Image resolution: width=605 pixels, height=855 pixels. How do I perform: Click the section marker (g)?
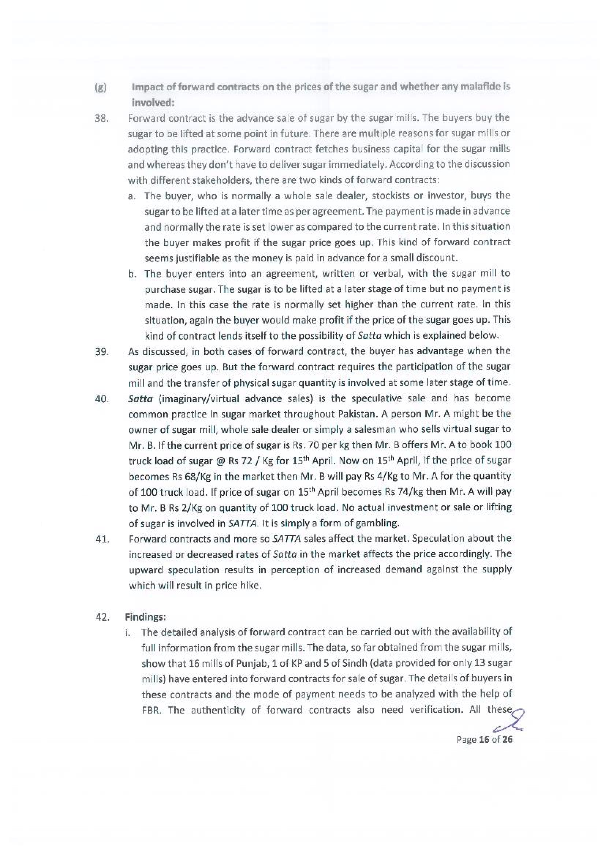100,88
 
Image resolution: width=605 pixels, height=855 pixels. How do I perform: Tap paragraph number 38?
101,119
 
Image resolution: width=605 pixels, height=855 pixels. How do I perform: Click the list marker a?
131,196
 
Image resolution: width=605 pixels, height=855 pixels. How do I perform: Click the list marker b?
131,274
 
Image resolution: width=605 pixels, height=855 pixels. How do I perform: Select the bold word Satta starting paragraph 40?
140,398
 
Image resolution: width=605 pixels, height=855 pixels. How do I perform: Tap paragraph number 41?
102,539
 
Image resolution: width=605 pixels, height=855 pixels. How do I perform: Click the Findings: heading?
145,617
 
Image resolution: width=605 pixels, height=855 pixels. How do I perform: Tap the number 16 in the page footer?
484,739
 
